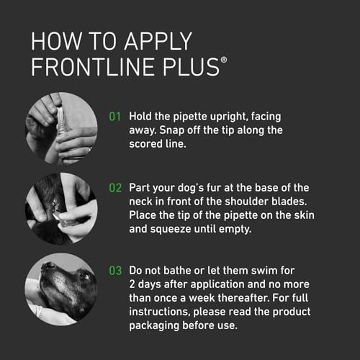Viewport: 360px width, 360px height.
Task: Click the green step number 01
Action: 114,116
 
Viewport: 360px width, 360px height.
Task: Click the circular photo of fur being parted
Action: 62,203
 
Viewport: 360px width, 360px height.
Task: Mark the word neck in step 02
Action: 142,202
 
